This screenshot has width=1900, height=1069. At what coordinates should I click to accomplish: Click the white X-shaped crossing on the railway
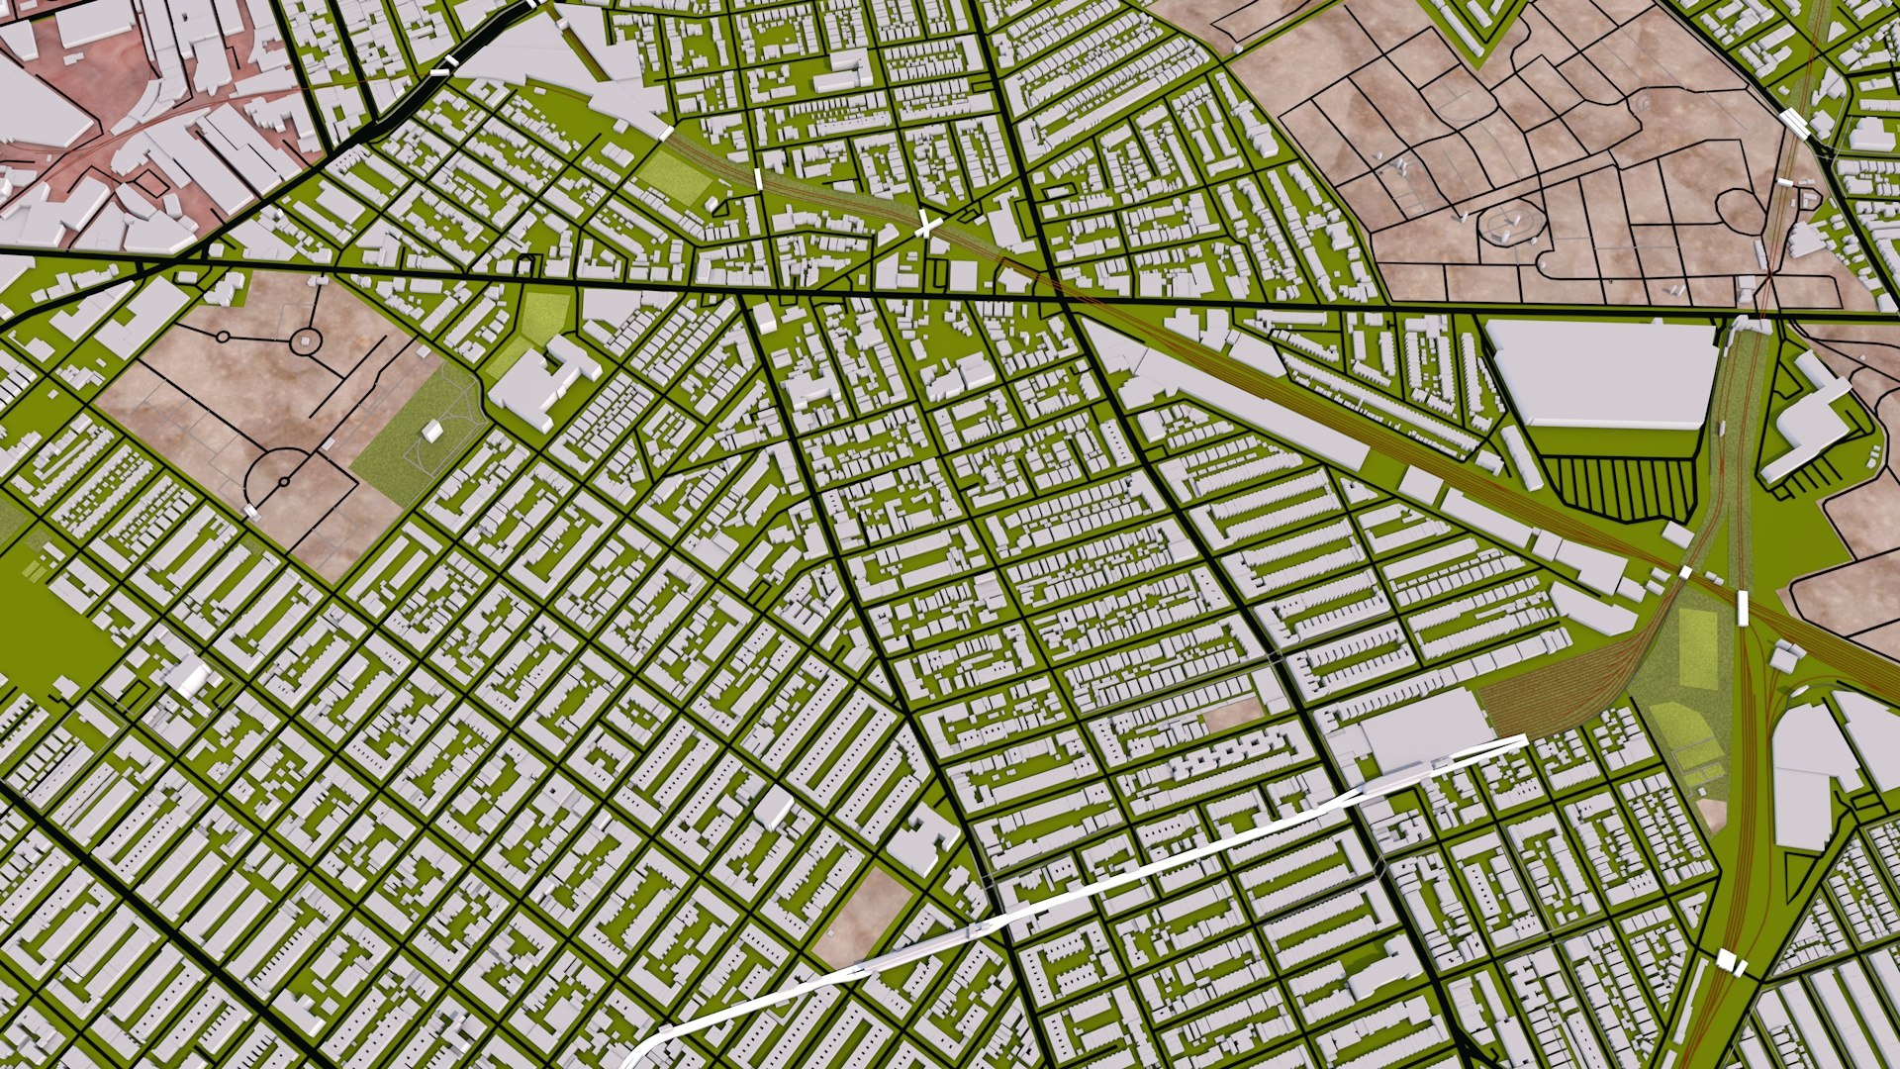tap(926, 225)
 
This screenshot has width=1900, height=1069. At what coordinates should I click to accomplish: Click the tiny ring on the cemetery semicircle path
tap(284, 482)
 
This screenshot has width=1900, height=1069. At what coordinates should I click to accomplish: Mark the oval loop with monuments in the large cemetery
tap(1508, 226)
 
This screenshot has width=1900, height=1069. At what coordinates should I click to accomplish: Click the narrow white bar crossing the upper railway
tap(758, 179)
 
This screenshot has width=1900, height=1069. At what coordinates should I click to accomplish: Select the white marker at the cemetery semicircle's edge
tap(251, 512)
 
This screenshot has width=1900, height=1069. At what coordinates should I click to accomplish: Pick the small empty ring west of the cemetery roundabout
tap(225, 338)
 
